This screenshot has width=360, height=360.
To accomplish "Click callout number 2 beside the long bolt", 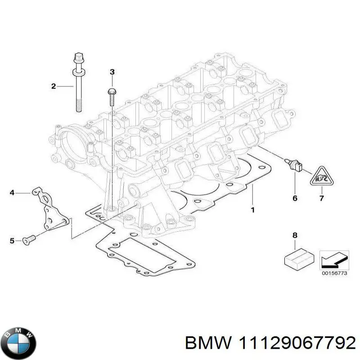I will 53,86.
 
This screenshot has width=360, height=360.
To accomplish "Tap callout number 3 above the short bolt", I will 112,72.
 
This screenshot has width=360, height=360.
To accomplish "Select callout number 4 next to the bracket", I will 12,193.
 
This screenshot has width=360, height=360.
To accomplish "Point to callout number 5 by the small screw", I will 12,241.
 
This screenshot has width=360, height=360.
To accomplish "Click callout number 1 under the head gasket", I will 252,210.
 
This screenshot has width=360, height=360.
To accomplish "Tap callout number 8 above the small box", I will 295,235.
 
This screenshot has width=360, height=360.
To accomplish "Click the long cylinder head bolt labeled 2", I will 78,85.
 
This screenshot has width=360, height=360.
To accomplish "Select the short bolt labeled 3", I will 112,97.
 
